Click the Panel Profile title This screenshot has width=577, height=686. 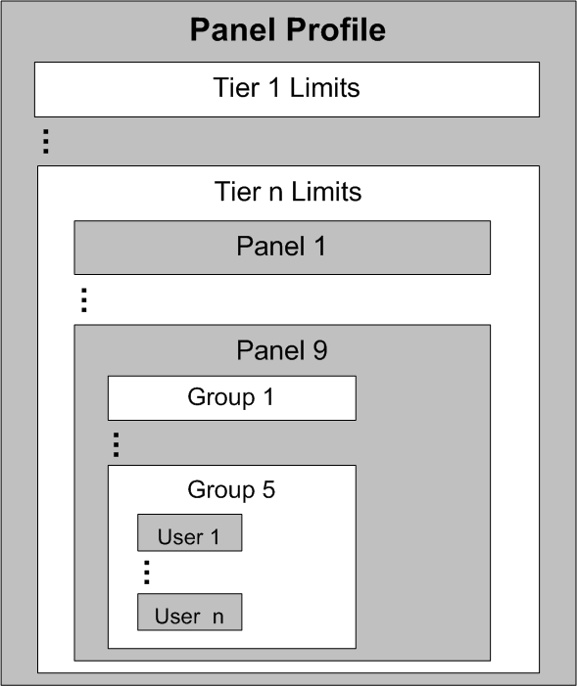[287, 30]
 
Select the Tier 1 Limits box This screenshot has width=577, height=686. [287, 89]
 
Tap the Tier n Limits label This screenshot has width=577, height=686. [288, 192]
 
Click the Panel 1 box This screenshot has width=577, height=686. [282, 248]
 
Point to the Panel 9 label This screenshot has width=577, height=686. [282, 350]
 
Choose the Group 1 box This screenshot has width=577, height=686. [232, 398]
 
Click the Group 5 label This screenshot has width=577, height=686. [231, 489]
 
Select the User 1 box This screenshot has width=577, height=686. [190, 532]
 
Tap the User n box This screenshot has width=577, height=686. [190, 612]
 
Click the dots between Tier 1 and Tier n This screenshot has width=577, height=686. [46, 141]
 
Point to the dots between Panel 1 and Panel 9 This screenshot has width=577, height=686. [84, 300]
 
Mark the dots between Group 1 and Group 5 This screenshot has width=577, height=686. [117, 445]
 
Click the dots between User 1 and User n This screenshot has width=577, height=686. [147, 572]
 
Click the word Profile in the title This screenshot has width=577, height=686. [336, 30]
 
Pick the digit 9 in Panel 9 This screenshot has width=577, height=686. [320, 350]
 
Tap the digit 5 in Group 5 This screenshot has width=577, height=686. [268, 489]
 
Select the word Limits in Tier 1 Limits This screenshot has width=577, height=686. [324, 87]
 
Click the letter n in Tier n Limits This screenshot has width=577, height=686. [276, 194]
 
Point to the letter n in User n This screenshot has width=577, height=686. [218, 617]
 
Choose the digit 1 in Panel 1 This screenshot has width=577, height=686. [320, 246]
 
